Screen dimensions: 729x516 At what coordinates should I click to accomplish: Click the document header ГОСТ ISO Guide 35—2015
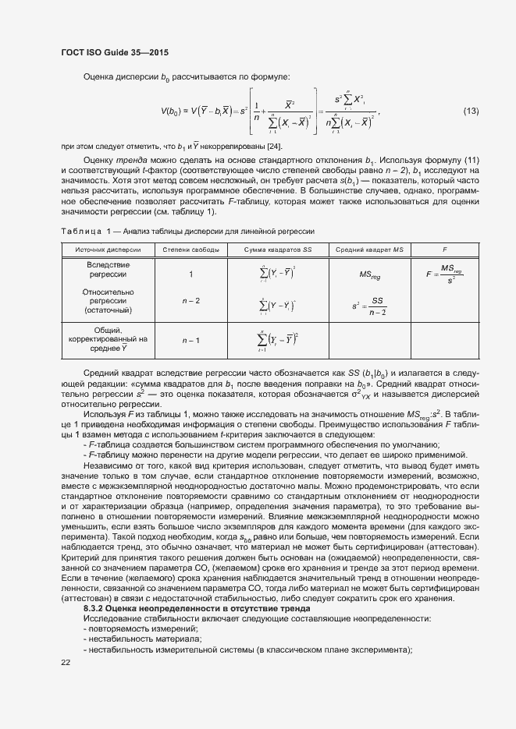115,52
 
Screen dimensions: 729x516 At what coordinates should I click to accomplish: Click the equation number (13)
471,110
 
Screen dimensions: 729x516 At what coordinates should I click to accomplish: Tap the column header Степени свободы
190,249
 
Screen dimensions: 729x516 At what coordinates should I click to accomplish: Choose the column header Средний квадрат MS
369,249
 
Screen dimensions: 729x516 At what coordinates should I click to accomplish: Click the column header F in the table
444,249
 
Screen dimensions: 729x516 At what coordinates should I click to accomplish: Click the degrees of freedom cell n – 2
190,300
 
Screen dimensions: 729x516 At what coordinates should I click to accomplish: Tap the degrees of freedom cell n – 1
190,340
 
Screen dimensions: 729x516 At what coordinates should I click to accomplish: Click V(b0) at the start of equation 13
172,111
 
